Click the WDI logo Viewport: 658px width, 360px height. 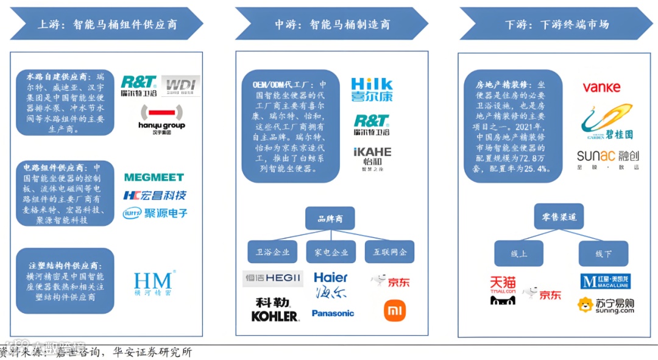click(181, 85)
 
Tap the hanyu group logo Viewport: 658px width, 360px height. click(161, 119)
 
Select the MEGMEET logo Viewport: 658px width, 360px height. click(154, 177)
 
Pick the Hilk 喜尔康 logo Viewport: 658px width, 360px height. click(372, 90)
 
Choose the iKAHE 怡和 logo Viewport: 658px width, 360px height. click(372, 157)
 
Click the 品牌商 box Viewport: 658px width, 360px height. click(330, 219)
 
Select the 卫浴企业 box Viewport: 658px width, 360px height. click(272, 252)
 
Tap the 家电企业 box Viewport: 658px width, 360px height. click(331, 252)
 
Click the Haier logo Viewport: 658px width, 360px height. click(331, 284)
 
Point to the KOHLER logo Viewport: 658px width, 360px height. click(275, 309)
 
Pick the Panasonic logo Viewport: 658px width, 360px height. click(333, 313)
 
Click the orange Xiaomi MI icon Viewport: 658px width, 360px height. click(394, 311)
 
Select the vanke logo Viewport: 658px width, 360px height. click(601, 88)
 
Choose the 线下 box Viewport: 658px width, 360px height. click(603, 253)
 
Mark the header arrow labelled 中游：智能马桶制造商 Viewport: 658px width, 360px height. click(332, 24)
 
